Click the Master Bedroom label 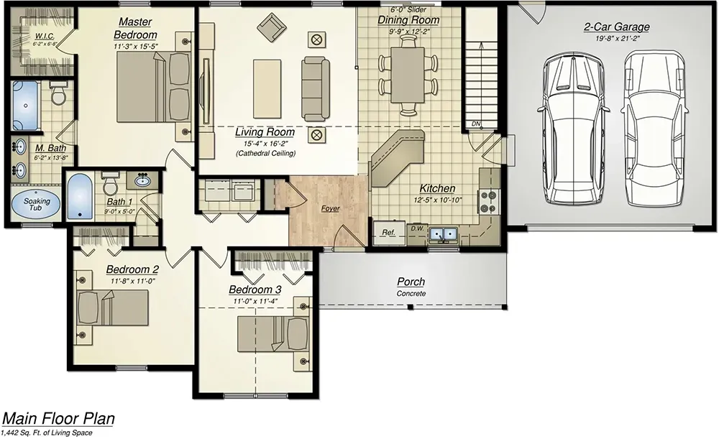coord(135,29)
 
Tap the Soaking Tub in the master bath coord(35,203)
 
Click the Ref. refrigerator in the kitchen coord(389,232)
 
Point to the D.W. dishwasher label coord(416,229)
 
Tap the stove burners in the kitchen coord(488,200)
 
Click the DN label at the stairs coord(475,124)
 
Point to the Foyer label coord(331,208)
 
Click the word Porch coord(411,282)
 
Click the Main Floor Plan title coord(58,419)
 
